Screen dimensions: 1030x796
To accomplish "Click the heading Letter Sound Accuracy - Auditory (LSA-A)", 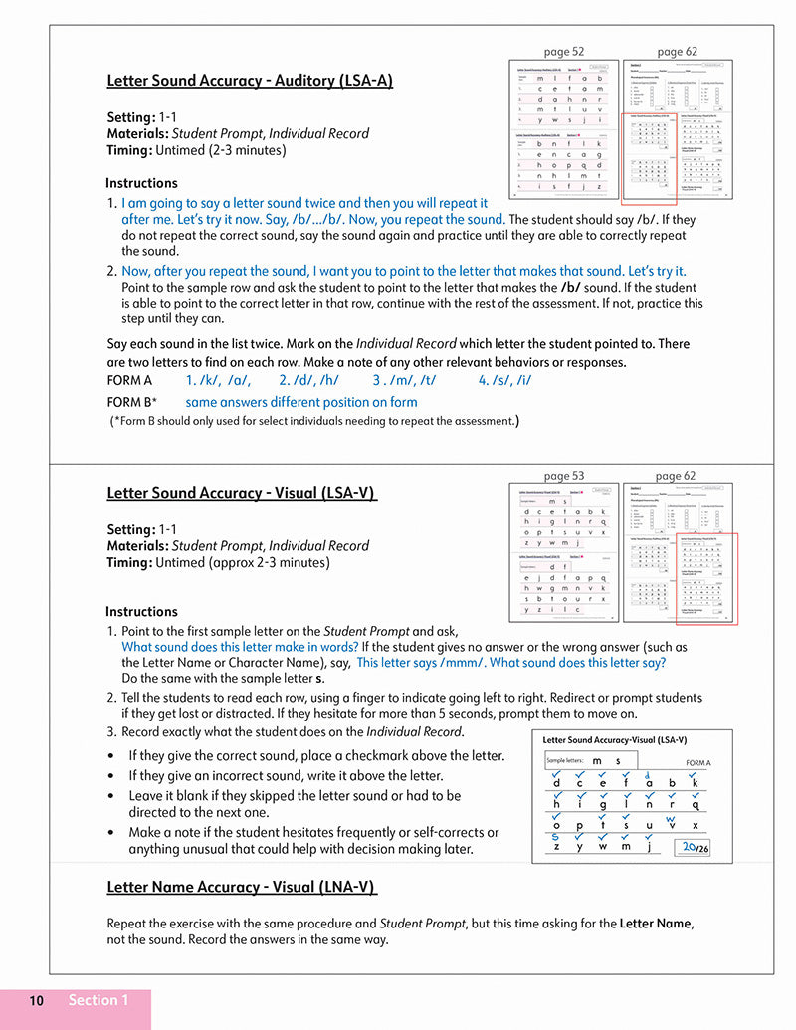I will [249, 81].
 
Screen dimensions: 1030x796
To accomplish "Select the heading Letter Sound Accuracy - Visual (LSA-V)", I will [241, 493].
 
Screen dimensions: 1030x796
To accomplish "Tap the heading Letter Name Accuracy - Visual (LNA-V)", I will [242, 887].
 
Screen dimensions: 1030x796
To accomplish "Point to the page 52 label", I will [564, 51].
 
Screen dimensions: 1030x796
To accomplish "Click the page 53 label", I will [564, 476].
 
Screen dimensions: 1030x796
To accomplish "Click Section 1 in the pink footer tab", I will [98, 1001].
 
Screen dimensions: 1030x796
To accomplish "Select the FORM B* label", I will [131, 402].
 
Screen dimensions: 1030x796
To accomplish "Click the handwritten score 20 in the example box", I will [689, 847].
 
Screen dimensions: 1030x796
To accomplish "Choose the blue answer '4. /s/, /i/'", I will [504, 380].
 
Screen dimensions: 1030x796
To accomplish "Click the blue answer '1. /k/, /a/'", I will [218, 380].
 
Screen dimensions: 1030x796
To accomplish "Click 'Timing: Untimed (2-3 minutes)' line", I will [196, 150].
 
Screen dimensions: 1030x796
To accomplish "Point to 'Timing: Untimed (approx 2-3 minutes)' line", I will [217, 562].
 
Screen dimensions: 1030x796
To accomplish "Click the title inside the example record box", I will [615, 740].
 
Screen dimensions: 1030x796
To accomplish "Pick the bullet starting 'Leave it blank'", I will [295, 796].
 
